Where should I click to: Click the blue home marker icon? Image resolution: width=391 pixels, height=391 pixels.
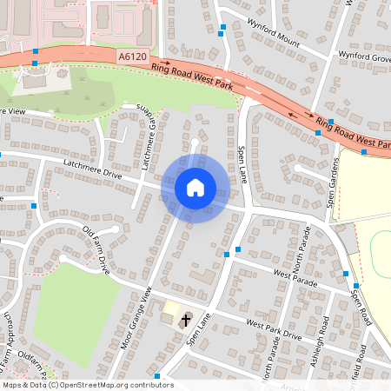pos(195,187)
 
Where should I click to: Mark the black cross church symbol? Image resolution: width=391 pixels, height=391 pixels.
pos(184,322)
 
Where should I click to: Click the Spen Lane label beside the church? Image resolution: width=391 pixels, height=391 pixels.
pos(198,331)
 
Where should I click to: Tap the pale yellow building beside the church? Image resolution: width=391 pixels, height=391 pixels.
pos(171,308)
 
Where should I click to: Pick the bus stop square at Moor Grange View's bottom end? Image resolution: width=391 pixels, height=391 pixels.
pos(157,376)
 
